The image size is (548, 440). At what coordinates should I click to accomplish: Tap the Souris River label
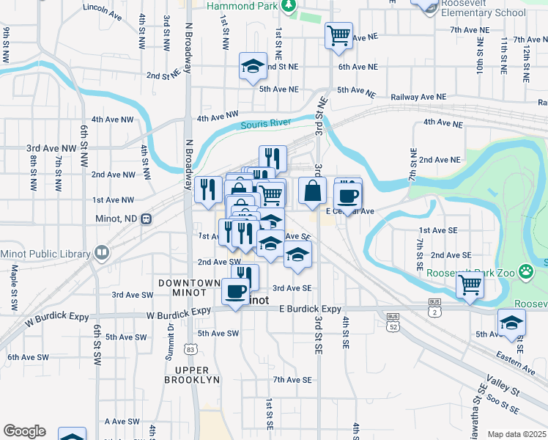pyautogui.click(x=266, y=125)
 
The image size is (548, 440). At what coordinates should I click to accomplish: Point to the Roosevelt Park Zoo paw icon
pyautogui.click(x=525, y=272)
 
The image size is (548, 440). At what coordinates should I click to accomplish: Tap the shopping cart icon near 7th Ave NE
pyautogui.click(x=338, y=34)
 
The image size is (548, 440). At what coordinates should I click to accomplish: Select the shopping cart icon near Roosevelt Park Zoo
pyautogui.click(x=470, y=285)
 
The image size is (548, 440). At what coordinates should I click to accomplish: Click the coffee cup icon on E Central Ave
pyautogui.click(x=347, y=196)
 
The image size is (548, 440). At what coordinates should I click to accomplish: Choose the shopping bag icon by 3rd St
pyautogui.click(x=312, y=190)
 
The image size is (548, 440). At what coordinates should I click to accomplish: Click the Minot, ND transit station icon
pyautogui.click(x=147, y=219)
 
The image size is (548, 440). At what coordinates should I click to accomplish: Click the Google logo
pyautogui.click(x=24, y=431)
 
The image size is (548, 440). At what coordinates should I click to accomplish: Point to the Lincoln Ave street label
pyautogui.click(x=103, y=10)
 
